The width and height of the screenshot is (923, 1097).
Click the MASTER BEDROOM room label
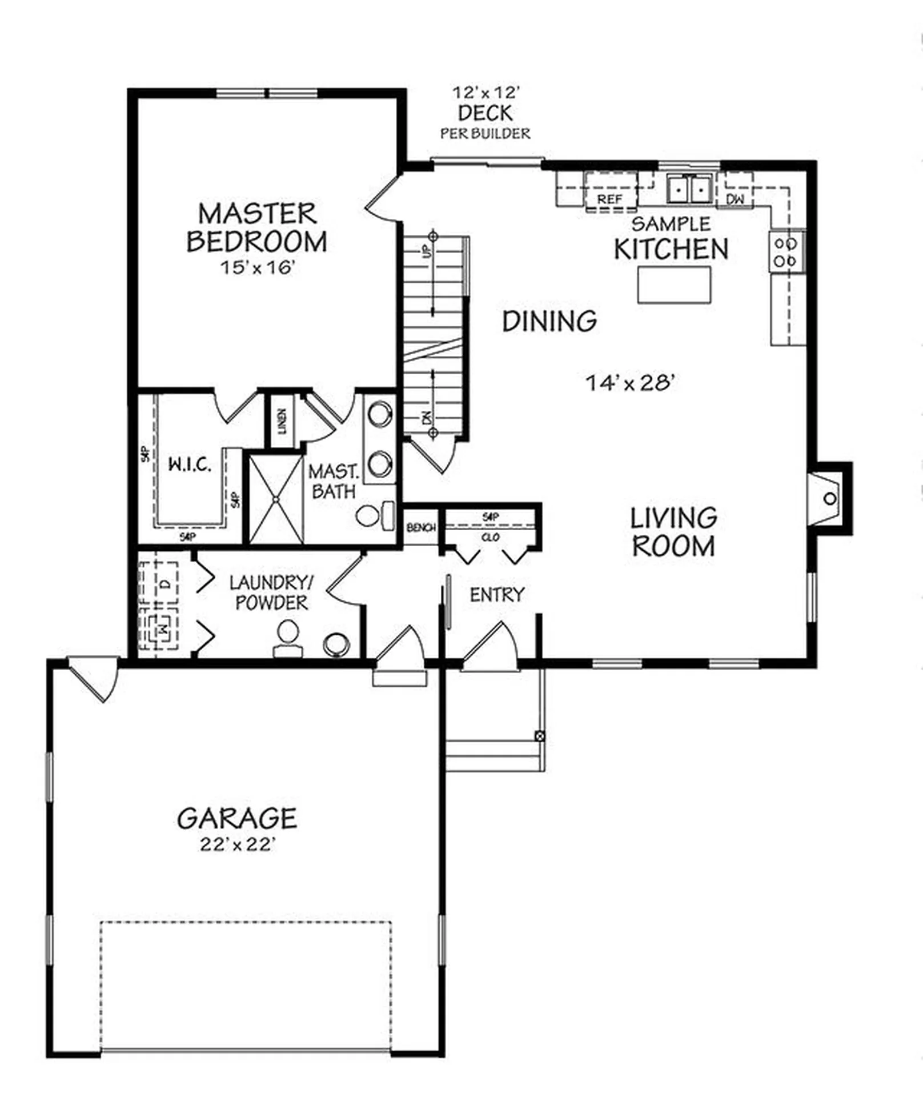point(256,227)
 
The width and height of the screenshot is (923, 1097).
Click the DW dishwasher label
point(735,199)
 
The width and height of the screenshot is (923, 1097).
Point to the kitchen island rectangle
point(674,285)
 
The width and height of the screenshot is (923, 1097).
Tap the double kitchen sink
point(689,189)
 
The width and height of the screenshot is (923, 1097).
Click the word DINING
point(549,321)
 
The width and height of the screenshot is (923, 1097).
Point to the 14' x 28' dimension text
point(631,382)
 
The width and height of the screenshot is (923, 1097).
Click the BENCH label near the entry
point(421,528)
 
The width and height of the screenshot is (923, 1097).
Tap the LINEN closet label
point(282,421)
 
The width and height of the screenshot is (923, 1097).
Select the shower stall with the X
point(276,499)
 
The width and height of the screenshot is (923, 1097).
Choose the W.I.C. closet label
point(190,465)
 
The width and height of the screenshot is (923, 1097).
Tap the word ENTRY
point(496,595)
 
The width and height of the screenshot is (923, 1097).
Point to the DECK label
point(485,114)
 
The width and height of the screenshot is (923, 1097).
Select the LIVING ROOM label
point(673,532)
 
